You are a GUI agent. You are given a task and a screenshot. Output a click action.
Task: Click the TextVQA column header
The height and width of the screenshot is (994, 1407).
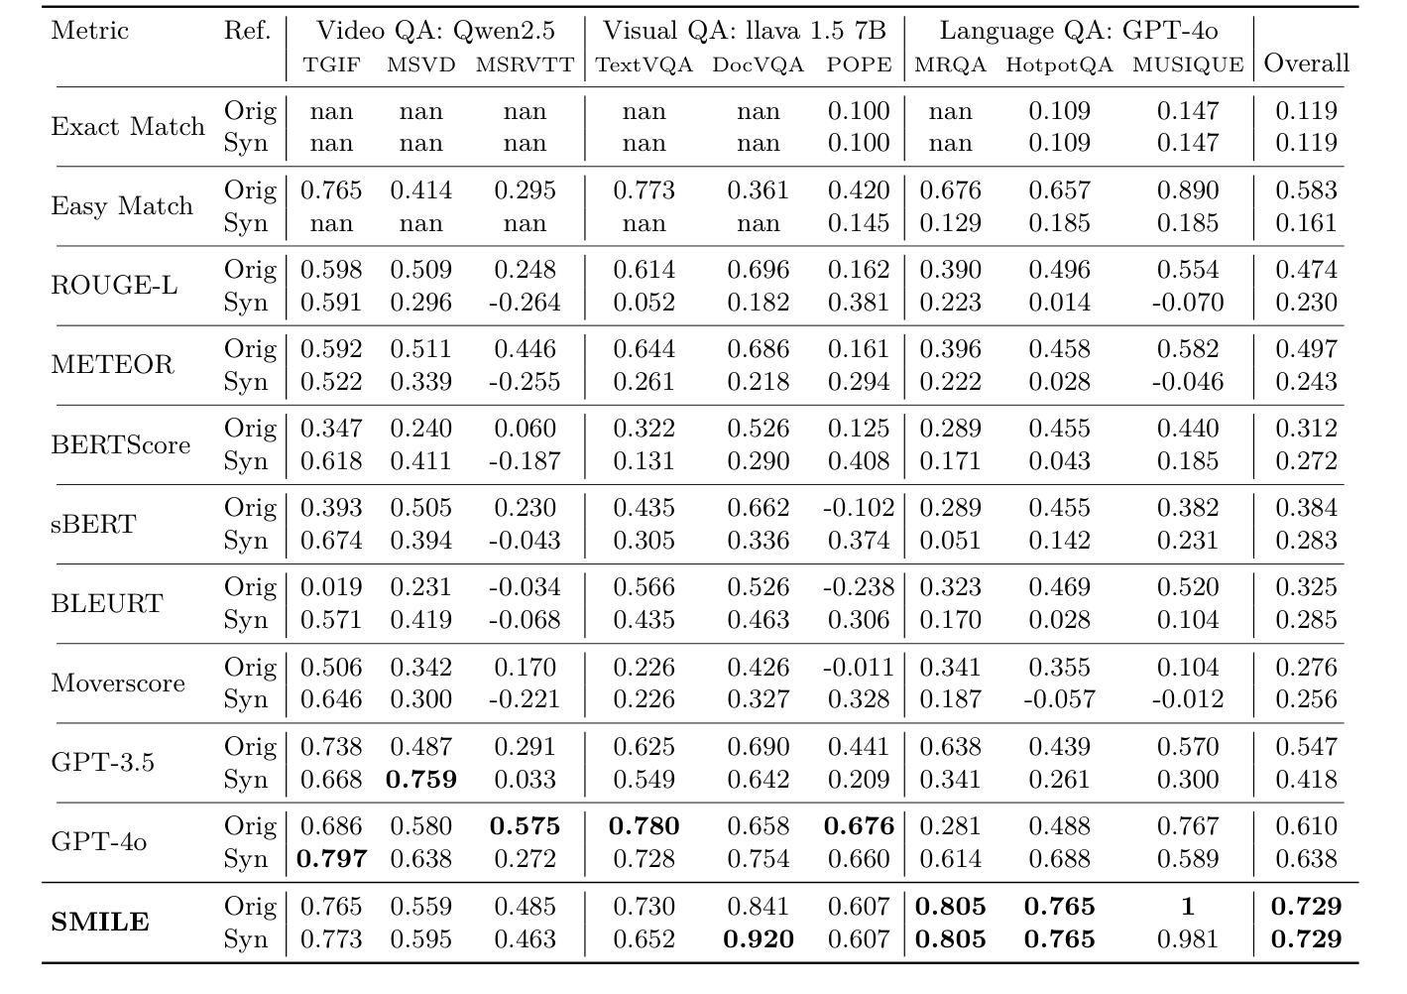click(644, 65)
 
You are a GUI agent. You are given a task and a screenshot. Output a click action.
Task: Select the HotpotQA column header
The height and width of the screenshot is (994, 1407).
click(1059, 65)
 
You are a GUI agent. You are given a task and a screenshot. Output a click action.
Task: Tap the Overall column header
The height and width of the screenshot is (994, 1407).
click(1306, 63)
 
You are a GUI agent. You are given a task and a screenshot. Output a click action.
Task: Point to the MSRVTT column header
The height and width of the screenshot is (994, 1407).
click(525, 65)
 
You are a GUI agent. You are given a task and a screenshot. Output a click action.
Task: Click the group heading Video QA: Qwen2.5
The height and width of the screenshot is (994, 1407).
click(435, 31)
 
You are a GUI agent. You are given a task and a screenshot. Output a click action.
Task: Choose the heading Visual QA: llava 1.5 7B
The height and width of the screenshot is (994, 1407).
click(744, 31)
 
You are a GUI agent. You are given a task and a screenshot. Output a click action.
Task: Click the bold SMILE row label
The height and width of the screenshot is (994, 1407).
click(100, 923)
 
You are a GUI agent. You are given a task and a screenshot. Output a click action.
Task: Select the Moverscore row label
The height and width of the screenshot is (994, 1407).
click(118, 683)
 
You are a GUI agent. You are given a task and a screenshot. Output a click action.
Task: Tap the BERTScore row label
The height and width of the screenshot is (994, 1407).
click(120, 444)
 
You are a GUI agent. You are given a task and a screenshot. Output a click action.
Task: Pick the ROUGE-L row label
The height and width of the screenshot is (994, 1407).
click(114, 286)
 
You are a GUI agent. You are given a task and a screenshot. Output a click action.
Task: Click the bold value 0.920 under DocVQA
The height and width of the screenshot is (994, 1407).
click(758, 938)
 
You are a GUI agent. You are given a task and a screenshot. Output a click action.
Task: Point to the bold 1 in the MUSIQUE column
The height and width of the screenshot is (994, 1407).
click(1187, 907)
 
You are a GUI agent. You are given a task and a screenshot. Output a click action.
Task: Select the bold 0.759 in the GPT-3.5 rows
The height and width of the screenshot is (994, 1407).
click(420, 779)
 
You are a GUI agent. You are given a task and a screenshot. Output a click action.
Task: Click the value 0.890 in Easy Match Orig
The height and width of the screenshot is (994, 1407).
click(1187, 190)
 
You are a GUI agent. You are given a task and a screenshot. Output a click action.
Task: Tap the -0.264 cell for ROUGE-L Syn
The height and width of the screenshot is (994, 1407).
click(525, 302)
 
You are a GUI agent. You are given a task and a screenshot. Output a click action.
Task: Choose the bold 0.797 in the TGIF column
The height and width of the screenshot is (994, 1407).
click(331, 858)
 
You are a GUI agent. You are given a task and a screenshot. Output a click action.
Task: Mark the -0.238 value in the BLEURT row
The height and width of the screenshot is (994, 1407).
click(859, 587)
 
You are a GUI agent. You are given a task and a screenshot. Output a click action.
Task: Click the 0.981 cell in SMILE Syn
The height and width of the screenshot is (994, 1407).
click(1187, 938)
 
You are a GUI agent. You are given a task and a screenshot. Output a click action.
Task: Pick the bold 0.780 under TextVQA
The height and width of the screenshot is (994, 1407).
click(644, 826)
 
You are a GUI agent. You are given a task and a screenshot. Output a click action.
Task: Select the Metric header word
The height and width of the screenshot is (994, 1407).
click(89, 31)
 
